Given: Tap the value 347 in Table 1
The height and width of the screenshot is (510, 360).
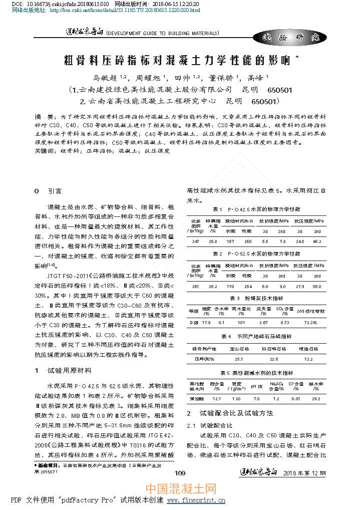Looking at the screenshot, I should pos(196,241).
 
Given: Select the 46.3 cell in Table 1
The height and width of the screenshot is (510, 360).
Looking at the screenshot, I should pos(317,241).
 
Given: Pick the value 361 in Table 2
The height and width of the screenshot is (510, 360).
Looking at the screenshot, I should pos(196,287).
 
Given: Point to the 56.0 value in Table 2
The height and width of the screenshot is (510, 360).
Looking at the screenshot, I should pos(317,287).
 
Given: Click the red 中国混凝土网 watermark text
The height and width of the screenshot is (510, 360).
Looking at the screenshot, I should pos(181,488).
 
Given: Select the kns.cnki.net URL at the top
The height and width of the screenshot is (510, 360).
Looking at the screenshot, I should pos(125,10).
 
